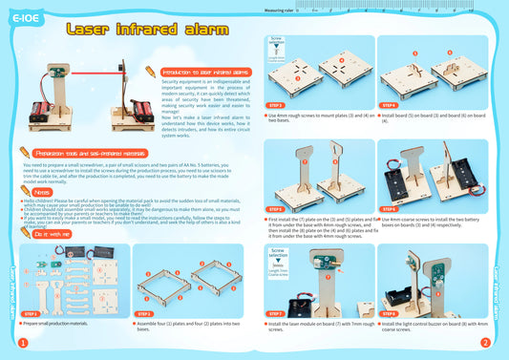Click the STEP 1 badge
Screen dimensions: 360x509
point(31,313)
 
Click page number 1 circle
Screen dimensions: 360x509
point(21,343)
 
